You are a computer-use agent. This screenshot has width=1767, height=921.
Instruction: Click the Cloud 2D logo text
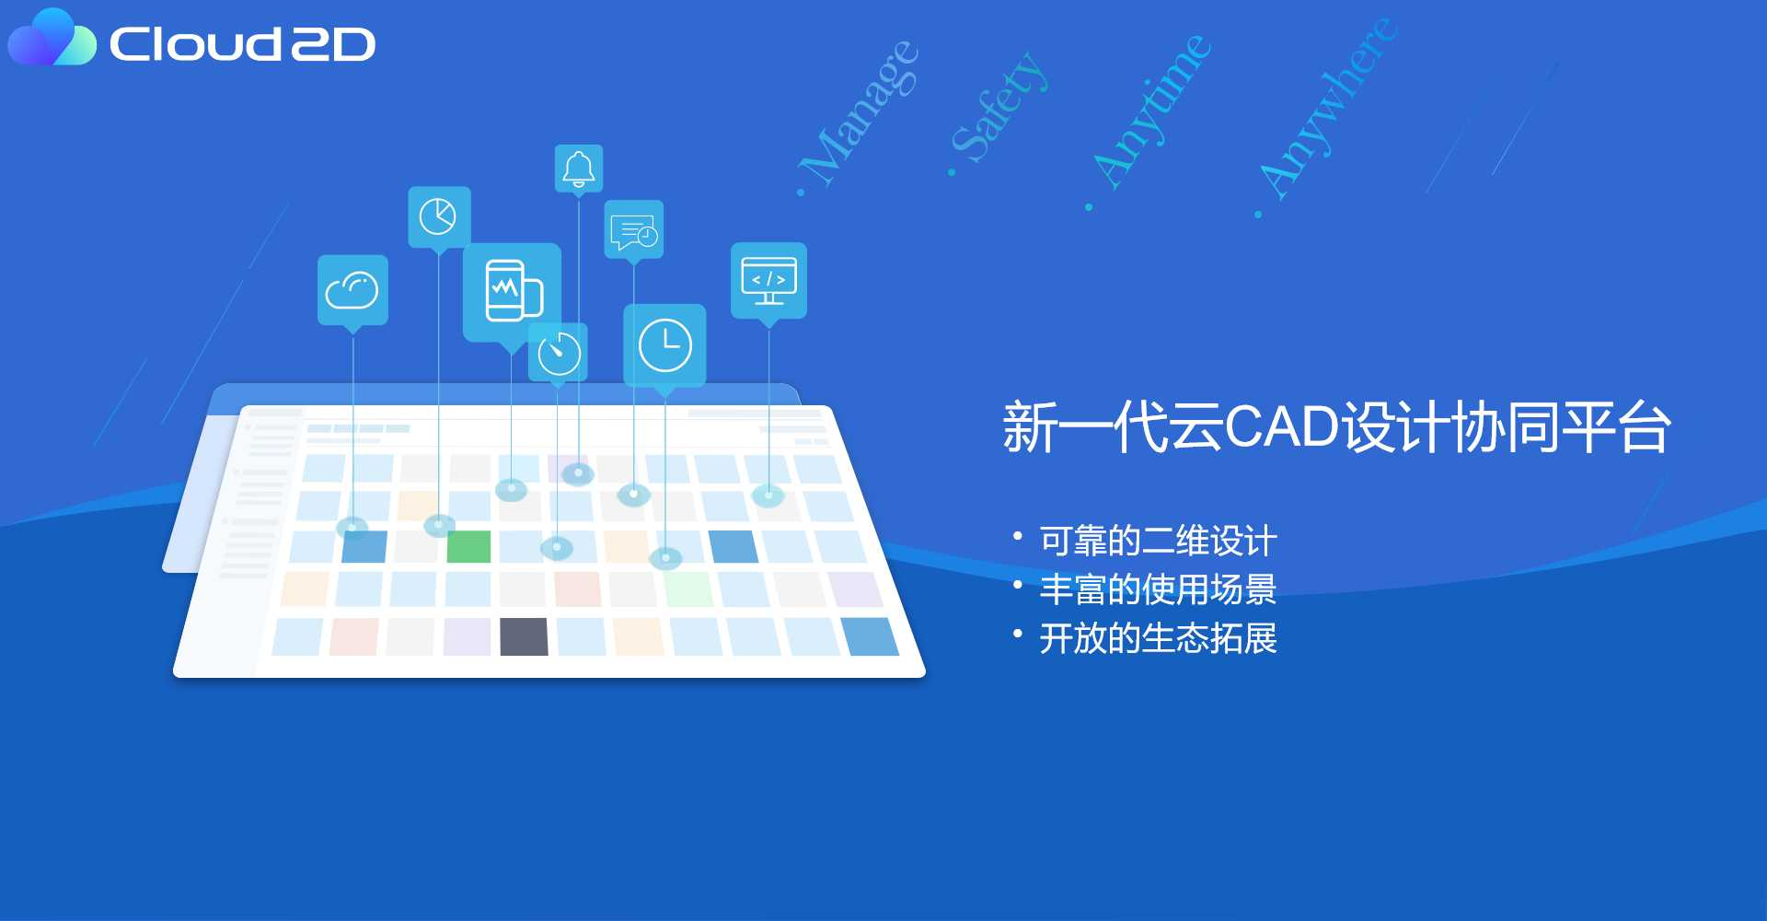point(242,43)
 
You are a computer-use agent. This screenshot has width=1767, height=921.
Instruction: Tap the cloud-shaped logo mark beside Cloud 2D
point(52,38)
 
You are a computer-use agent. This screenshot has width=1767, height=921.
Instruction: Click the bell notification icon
point(579,169)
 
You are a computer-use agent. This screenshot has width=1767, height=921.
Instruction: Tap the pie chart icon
point(439,217)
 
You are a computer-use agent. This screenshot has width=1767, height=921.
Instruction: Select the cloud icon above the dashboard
point(352,290)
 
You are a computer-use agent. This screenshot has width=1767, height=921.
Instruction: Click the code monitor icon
point(768,280)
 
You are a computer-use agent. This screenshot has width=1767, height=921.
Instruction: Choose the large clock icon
point(664,345)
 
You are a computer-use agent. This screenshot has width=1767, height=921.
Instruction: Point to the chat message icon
point(634,230)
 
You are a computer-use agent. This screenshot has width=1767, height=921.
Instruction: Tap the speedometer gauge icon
point(559,352)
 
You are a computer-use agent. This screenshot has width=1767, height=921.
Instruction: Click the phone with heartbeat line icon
point(513,292)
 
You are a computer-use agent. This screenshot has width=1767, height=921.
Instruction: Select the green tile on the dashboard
point(468,546)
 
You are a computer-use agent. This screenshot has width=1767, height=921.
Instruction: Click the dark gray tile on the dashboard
point(524,636)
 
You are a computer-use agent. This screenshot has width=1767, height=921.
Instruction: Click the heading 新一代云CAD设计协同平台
point(1336,427)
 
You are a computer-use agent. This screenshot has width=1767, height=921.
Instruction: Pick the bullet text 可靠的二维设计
point(1158,541)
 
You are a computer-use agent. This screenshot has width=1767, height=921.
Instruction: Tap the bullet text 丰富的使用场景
point(1158,589)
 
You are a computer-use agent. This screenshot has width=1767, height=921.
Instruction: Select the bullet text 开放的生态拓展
point(1158,638)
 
